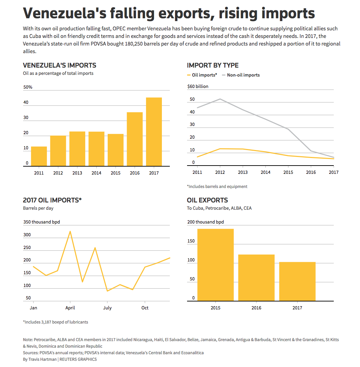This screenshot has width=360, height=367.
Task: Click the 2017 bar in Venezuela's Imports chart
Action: point(154,132)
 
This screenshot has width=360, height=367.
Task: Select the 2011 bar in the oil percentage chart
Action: point(39,156)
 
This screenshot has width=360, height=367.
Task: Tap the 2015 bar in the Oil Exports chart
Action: point(215,265)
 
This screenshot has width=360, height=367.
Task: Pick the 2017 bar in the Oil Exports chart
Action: point(297,281)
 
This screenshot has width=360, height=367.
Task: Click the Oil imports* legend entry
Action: point(202,75)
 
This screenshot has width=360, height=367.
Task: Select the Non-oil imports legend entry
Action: point(241,75)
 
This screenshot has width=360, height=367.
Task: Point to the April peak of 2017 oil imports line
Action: point(70,231)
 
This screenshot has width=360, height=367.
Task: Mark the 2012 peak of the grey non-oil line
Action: point(220,99)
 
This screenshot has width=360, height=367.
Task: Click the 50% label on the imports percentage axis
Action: point(28,87)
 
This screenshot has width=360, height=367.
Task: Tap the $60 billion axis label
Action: point(198,86)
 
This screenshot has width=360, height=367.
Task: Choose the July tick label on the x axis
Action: point(107,308)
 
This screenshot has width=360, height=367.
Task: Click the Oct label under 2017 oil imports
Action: point(145,308)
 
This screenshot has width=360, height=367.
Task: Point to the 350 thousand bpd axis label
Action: point(41,222)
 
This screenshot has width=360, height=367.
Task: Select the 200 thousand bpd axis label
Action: point(205,222)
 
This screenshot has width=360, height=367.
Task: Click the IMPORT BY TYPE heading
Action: point(213,65)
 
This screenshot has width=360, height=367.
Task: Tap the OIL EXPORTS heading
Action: point(207,200)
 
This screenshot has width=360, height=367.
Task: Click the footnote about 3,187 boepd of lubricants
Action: point(56,322)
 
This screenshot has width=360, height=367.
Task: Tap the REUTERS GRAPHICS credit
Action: point(78,359)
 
